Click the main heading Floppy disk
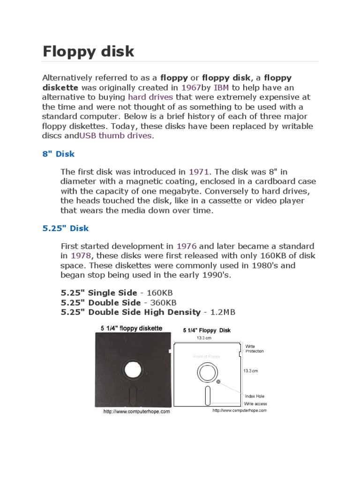pyautogui.click(x=88, y=51)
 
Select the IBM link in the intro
pyautogui.click(x=221, y=87)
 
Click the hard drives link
pyautogui.click(x=150, y=97)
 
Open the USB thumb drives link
pyautogui.click(x=115, y=136)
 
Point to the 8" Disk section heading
pyautogui.click(x=58, y=154)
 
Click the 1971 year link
pyautogui.click(x=199, y=172)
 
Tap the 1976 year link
pyautogui.click(x=186, y=246)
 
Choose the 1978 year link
pyautogui.click(x=81, y=255)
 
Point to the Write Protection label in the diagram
pyautogui.click(x=255, y=349)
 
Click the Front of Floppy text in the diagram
pyautogui.click(x=206, y=357)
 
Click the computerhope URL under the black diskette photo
pyautogui.click(x=136, y=412)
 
